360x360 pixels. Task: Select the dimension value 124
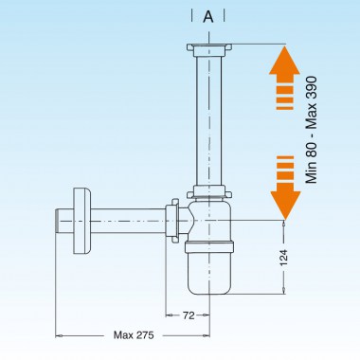290,256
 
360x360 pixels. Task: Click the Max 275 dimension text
135,334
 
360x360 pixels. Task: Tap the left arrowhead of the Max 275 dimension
59,333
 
